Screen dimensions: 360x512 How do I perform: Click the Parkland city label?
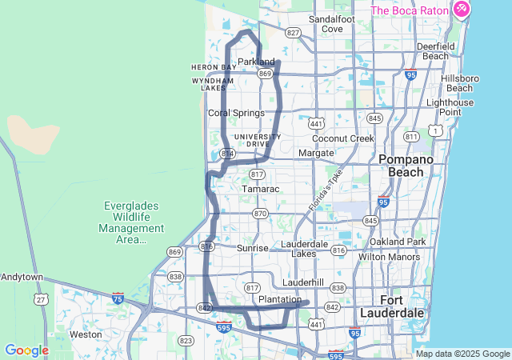click(256, 62)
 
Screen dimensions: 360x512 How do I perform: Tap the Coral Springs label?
click(236, 113)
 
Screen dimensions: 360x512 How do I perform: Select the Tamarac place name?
click(260, 189)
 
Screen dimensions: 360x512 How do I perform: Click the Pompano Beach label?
click(406, 166)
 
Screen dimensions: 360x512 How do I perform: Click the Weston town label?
click(86, 334)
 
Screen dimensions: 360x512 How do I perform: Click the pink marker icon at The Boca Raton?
click(461, 10)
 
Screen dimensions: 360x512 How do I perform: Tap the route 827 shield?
click(293, 33)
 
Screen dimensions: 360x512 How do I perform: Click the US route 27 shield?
click(40, 299)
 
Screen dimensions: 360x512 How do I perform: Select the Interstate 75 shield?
click(118, 298)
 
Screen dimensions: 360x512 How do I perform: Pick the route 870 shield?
click(259, 214)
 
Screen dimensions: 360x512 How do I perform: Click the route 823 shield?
click(186, 341)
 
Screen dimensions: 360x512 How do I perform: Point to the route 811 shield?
click(412, 137)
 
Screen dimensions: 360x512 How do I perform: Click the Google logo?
click(26, 350)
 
